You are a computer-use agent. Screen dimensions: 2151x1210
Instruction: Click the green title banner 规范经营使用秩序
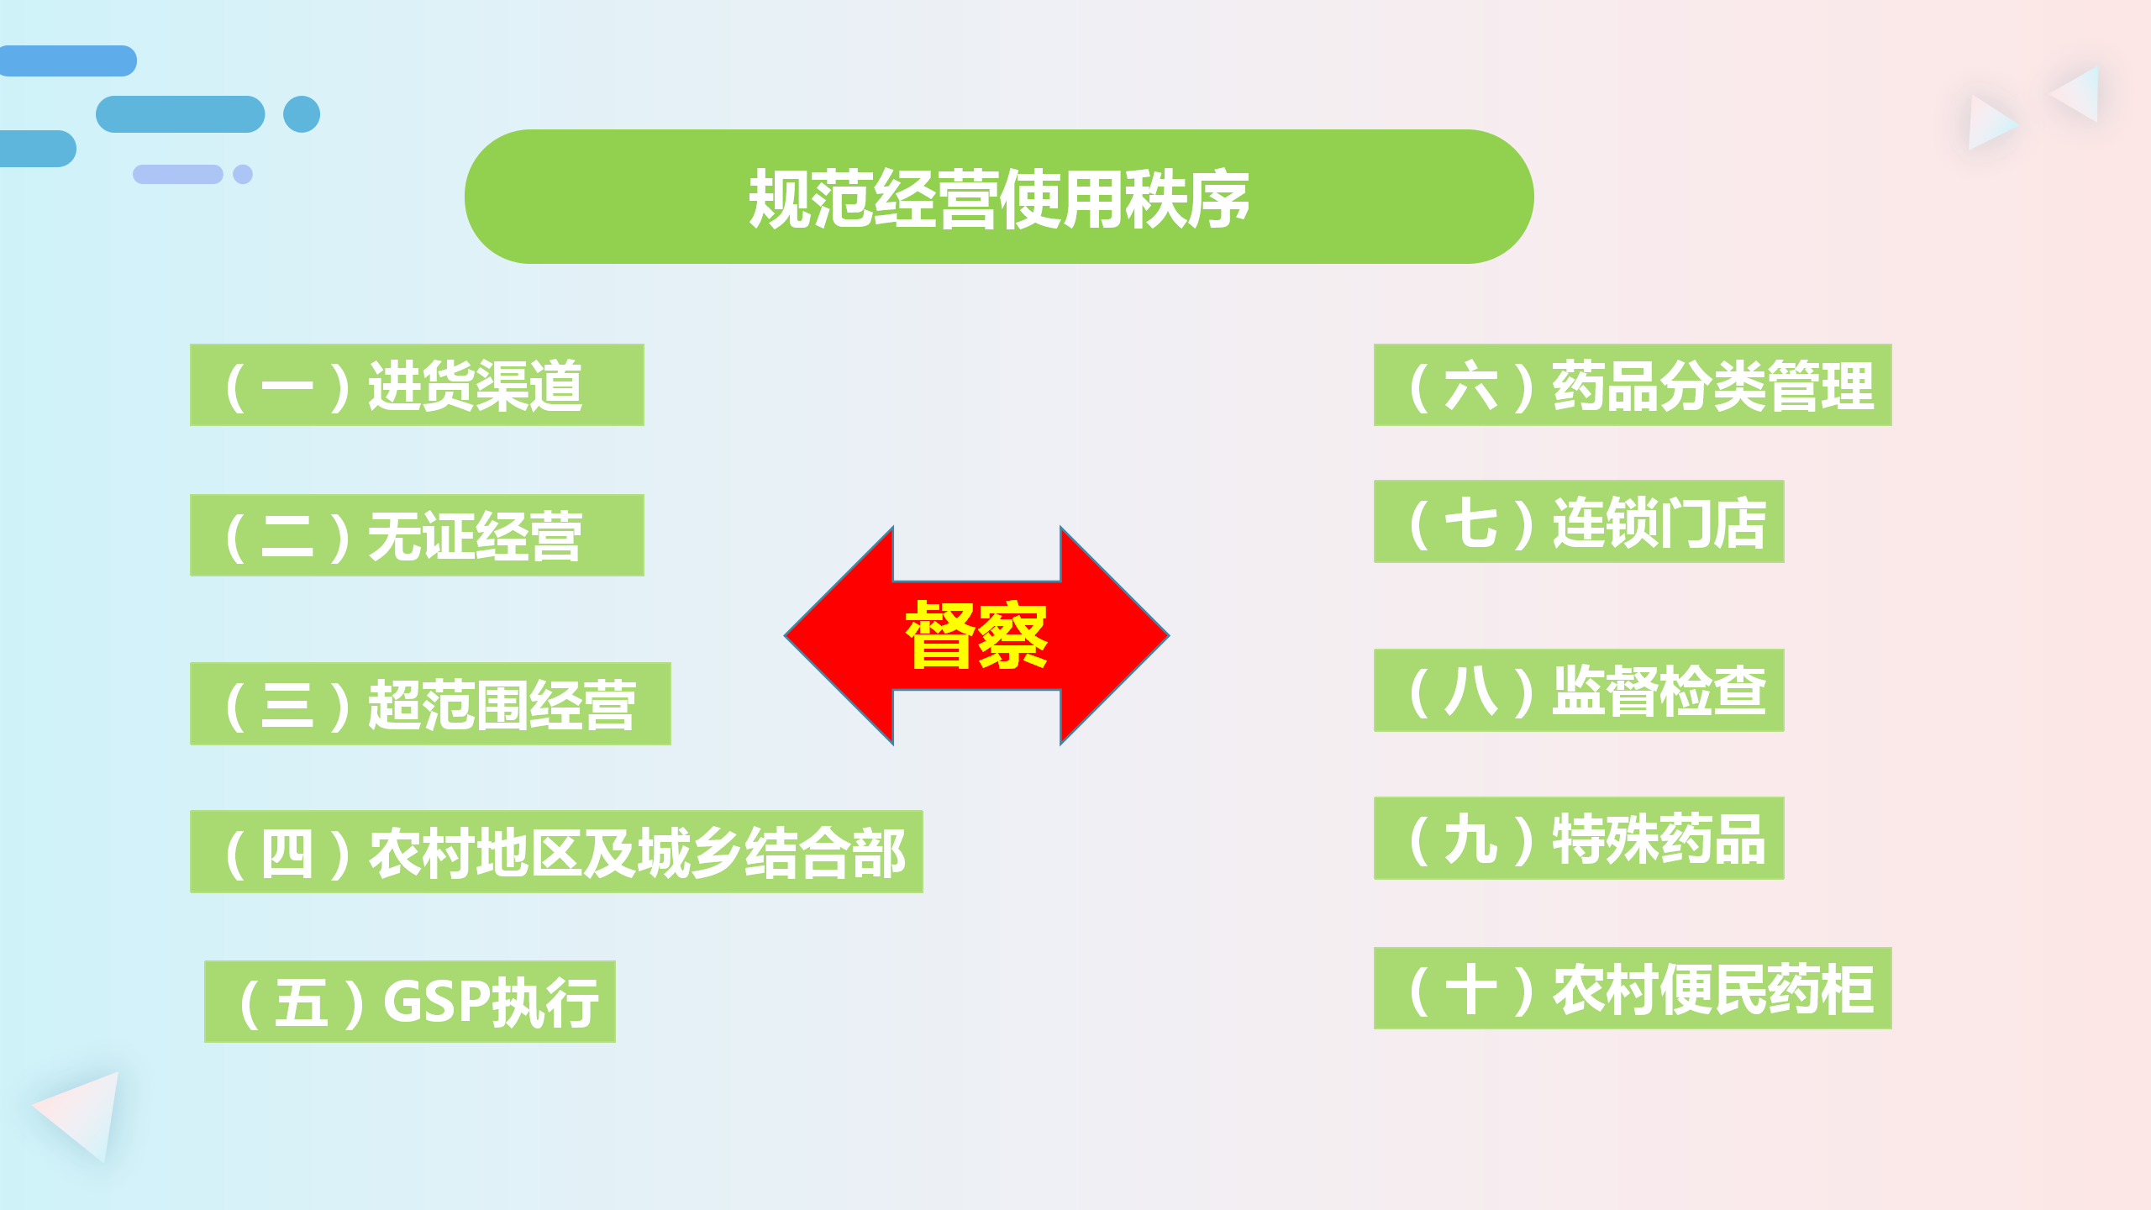coord(999,197)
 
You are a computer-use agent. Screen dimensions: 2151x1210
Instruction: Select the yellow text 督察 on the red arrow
coord(976,635)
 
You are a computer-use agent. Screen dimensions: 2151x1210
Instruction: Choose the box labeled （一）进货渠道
coord(417,385)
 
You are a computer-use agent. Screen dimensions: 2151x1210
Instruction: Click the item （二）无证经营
coord(417,535)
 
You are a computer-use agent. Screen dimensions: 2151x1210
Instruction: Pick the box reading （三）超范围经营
coord(430,703)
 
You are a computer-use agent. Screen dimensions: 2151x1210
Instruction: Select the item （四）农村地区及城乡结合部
coord(556,851)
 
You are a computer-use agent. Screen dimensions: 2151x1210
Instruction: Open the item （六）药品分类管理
coord(1633,385)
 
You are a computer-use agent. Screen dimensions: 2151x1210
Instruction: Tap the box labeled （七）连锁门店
coord(1579,521)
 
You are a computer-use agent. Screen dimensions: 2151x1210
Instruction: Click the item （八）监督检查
coord(1579,690)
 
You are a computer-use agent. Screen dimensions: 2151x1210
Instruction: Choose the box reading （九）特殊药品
coord(1579,838)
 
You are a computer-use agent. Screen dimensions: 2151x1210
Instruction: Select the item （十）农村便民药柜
coord(1633,988)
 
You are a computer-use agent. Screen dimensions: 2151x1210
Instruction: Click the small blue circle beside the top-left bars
coord(302,114)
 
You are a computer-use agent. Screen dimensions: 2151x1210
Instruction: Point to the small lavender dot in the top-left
coord(243,174)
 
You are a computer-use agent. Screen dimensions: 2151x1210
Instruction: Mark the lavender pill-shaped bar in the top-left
coord(178,174)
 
